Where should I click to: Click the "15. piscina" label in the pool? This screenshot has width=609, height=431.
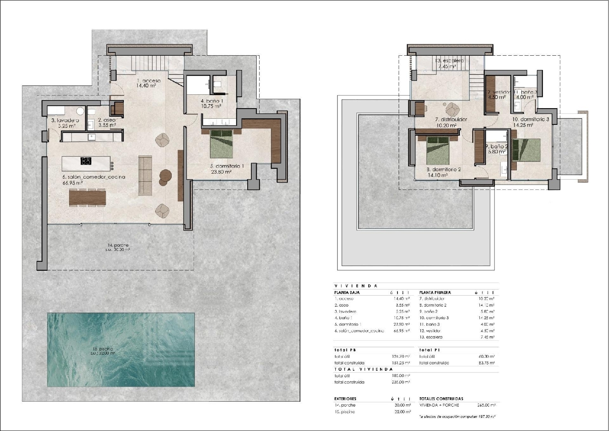click(103, 349)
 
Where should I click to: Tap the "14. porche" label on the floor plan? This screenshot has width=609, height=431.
click(118, 245)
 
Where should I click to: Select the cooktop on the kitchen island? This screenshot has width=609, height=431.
click(86, 161)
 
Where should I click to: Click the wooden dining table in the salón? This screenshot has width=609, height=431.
click(87, 198)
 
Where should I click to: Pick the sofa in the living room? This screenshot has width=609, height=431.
click(145, 175)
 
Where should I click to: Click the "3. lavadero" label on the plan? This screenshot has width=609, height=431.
click(65, 120)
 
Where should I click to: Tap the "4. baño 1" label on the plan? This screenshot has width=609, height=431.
click(212, 101)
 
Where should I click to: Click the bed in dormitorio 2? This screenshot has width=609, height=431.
click(438, 150)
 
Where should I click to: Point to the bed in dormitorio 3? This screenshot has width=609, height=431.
click(526, 150)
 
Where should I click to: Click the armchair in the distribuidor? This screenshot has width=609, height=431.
click(452, 109)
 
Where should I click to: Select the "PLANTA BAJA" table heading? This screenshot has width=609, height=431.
click(347, 292)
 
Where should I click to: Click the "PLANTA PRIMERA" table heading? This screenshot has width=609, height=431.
click(435, 292)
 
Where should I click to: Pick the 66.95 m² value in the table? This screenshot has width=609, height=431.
click(402, 331)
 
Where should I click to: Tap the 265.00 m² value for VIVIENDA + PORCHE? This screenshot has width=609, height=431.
click(486, 405)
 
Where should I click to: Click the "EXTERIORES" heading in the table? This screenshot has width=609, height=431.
click(345, 399)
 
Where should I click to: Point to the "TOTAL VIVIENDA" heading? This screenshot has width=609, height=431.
click(363, 369)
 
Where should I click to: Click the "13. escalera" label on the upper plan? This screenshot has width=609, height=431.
click(449, 61)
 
